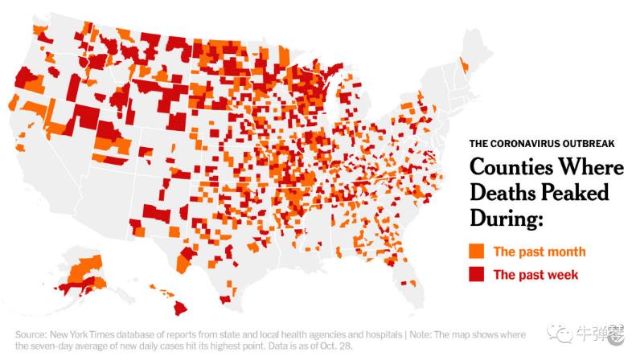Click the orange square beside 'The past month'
coord(478,250)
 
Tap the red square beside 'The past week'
coord(478,274)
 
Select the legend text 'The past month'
coord(539,251)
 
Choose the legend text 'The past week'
coord(535,275)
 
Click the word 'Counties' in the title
coord(506,169)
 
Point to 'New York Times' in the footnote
coord(85,333)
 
